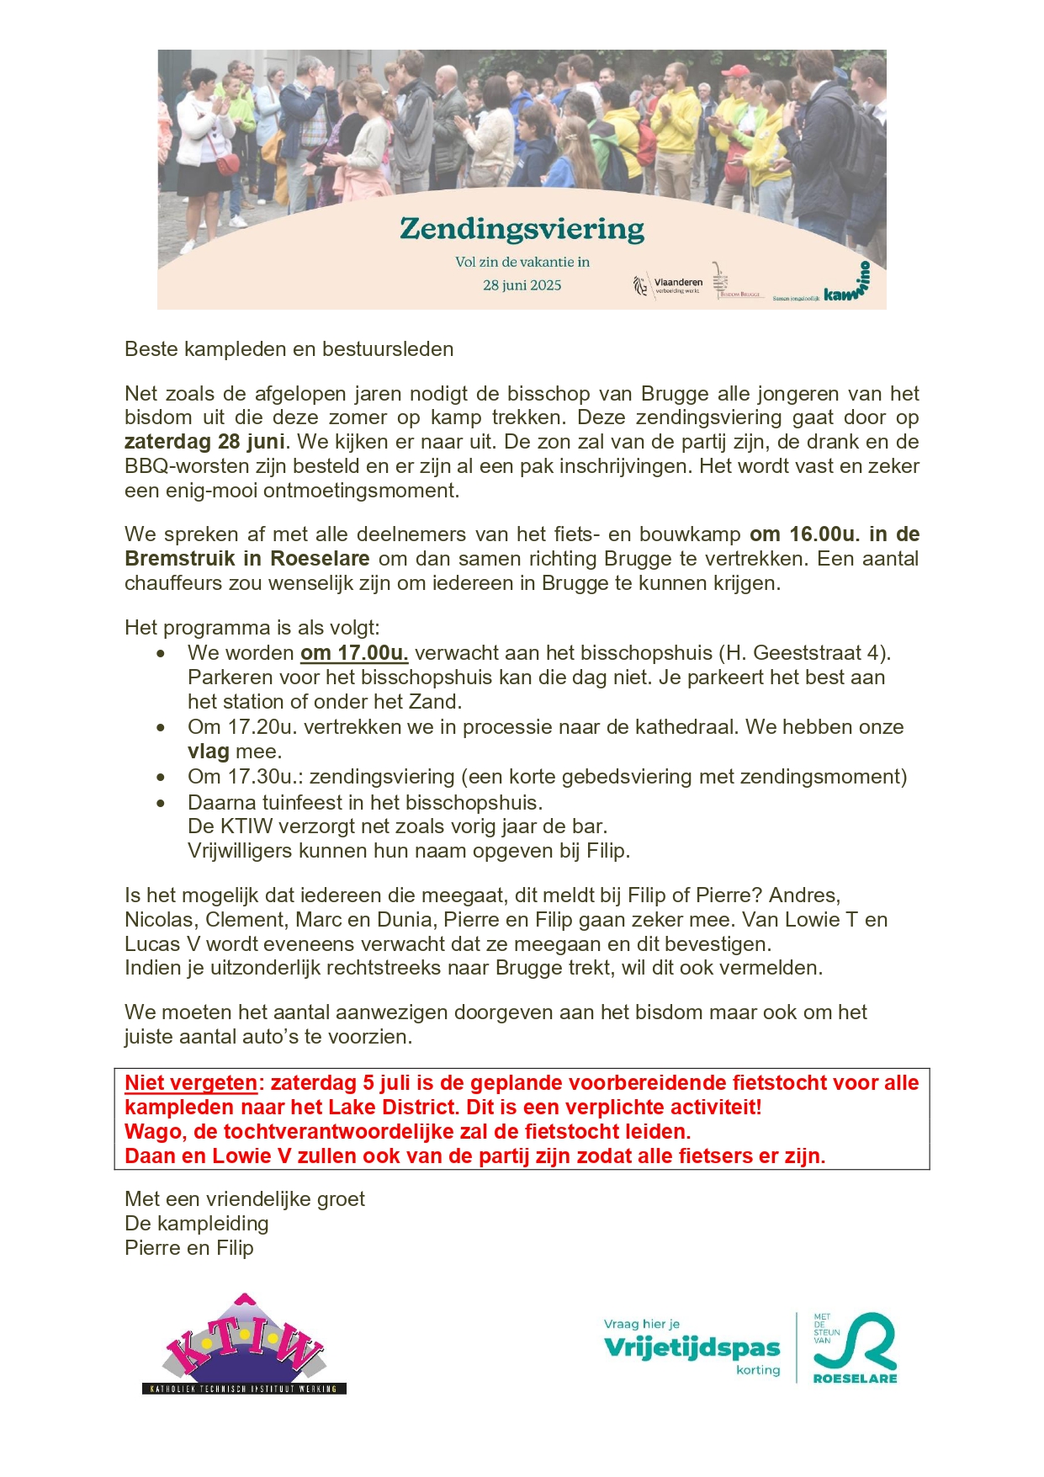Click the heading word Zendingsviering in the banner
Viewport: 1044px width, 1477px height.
click(522, 229)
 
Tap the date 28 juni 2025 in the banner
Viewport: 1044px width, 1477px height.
click(522, 285)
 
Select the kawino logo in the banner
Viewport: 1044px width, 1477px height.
click(846, 286)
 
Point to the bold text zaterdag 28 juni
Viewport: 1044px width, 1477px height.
click(204, 442)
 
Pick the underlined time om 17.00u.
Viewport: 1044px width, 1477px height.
click(354, 653)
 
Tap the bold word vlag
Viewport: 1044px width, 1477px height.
click(209, 752)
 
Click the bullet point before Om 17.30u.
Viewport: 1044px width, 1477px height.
click(161, 778)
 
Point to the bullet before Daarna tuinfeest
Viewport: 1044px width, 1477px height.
click(161, 803)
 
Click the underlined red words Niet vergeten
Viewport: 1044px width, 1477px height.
click(191, 1083)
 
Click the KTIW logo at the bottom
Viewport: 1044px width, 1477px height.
click(244, 1344)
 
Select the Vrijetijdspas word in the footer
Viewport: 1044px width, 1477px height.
click(692, 1347)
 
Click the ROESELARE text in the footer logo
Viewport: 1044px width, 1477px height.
click(855, 1379)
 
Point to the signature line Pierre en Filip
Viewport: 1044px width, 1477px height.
click(189, 1248)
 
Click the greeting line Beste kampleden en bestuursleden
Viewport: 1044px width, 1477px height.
click(289, 349)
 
